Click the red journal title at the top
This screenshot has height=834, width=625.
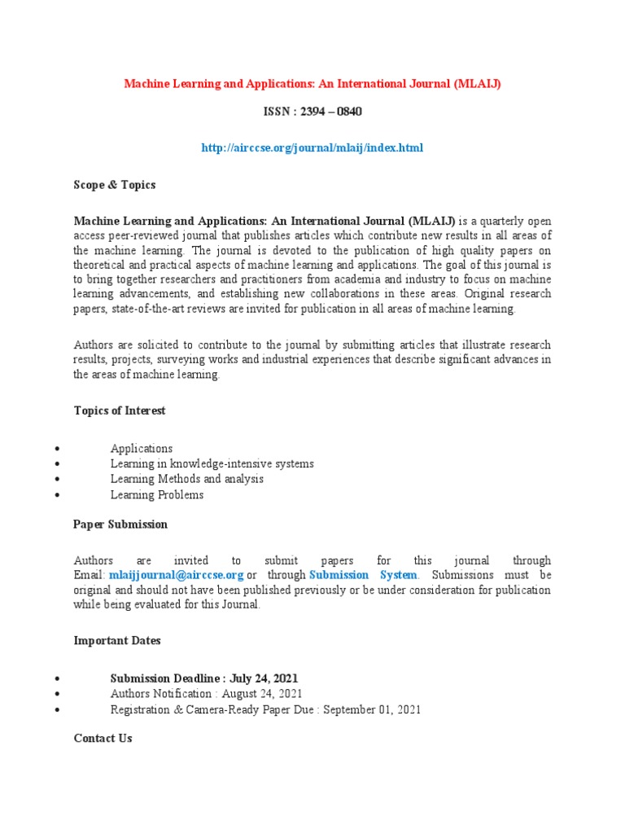312,84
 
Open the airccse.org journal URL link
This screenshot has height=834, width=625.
312,147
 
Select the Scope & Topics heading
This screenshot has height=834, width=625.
115,185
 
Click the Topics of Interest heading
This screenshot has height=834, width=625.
120,410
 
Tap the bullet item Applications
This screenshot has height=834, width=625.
142,449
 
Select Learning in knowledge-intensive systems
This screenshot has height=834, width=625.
212,464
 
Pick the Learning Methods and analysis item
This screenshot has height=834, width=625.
187,480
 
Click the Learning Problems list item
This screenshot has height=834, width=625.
157,495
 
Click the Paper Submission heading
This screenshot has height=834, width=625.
120,525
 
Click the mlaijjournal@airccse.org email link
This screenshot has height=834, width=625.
177,575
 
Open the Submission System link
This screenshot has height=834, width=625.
364,575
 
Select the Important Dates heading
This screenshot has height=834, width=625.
117,641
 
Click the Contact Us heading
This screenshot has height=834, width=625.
103,739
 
